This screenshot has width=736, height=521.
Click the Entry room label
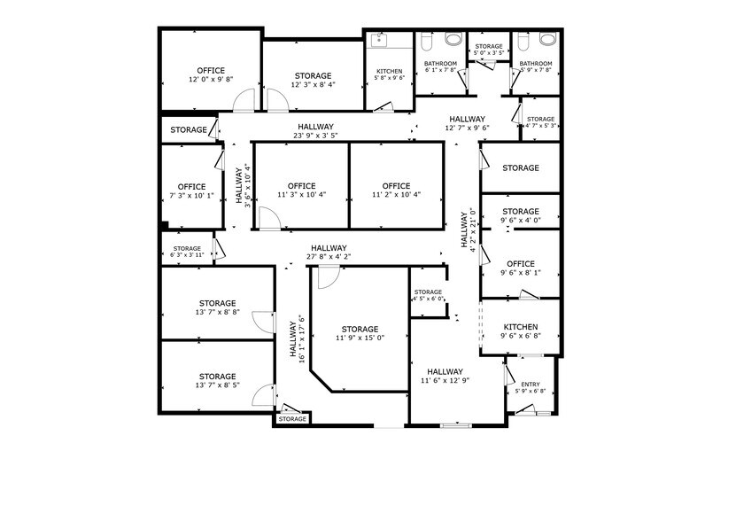[530, 384]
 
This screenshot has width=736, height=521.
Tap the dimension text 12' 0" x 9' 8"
[211, 80]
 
